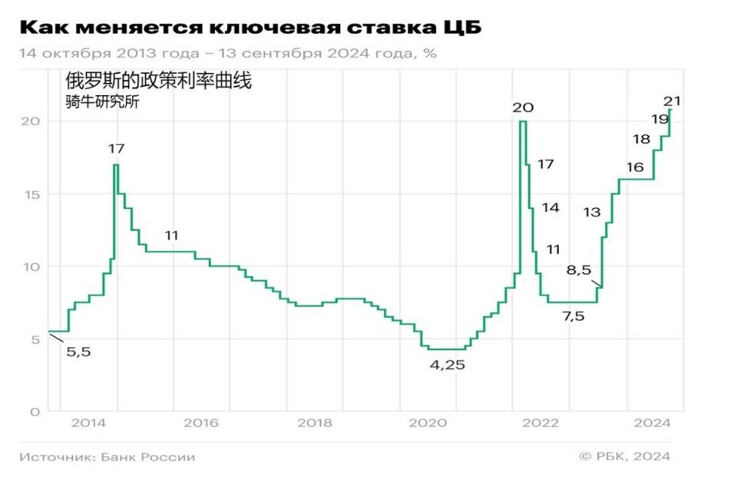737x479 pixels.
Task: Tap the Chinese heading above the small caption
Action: [x=158, y=81]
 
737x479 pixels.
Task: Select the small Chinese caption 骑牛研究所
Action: [x=102, y=102]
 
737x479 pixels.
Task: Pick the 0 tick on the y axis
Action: [x=33, y=411]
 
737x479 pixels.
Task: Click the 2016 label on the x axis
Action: [x=201, y=423]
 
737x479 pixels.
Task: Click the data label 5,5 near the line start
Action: [x=78, y=352]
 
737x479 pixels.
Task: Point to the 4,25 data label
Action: [x=448, y=365]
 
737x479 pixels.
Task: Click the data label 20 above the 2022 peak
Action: [x=524, y=107]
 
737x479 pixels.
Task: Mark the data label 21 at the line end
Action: [x=673, y=101]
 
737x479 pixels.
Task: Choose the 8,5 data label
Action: [x=579, y=270]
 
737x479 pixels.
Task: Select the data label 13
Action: [x=592, y=213]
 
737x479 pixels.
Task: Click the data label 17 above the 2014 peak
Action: [x=117, y=149]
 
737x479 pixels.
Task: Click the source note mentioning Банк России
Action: [x=107, y=457]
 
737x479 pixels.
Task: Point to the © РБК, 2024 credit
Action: [x=625, y=457]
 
